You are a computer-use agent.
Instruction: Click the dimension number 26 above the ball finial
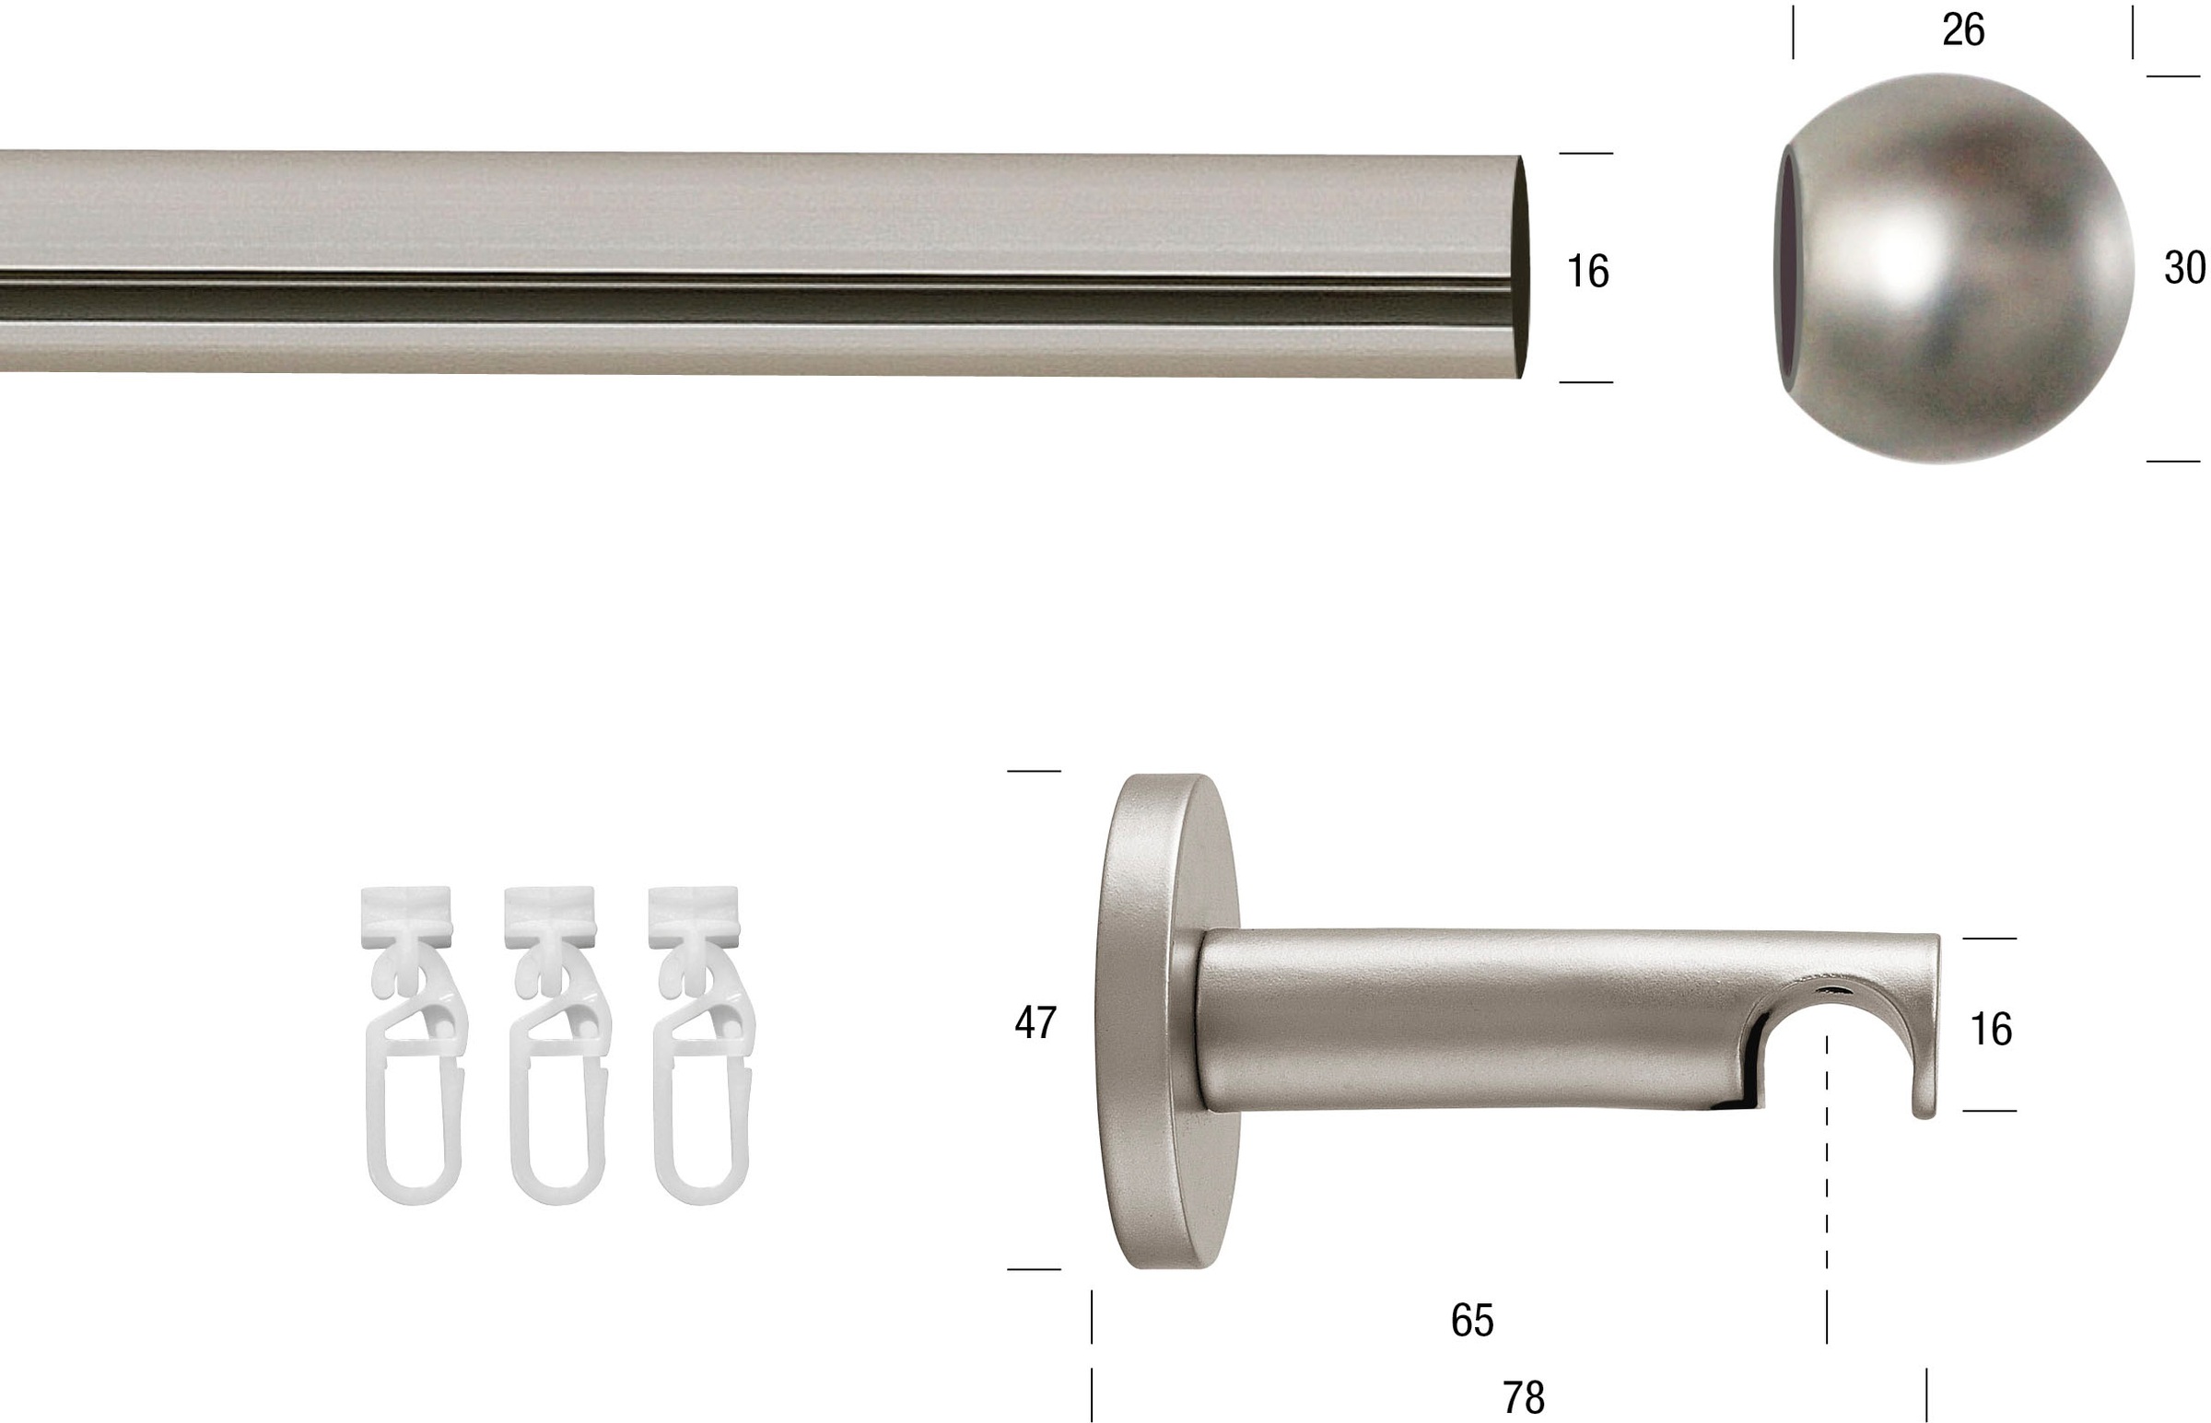[x=1962, y=30]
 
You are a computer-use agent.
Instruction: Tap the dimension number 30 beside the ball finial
[x=2185, y=268]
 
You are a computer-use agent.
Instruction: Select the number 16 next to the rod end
[x=1587, y=272]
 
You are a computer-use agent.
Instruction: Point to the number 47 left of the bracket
[x=1035, y=1023]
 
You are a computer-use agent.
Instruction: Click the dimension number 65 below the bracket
[x=1472, y=1322]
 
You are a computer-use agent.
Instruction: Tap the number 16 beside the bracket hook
[x=1991, y=1031]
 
